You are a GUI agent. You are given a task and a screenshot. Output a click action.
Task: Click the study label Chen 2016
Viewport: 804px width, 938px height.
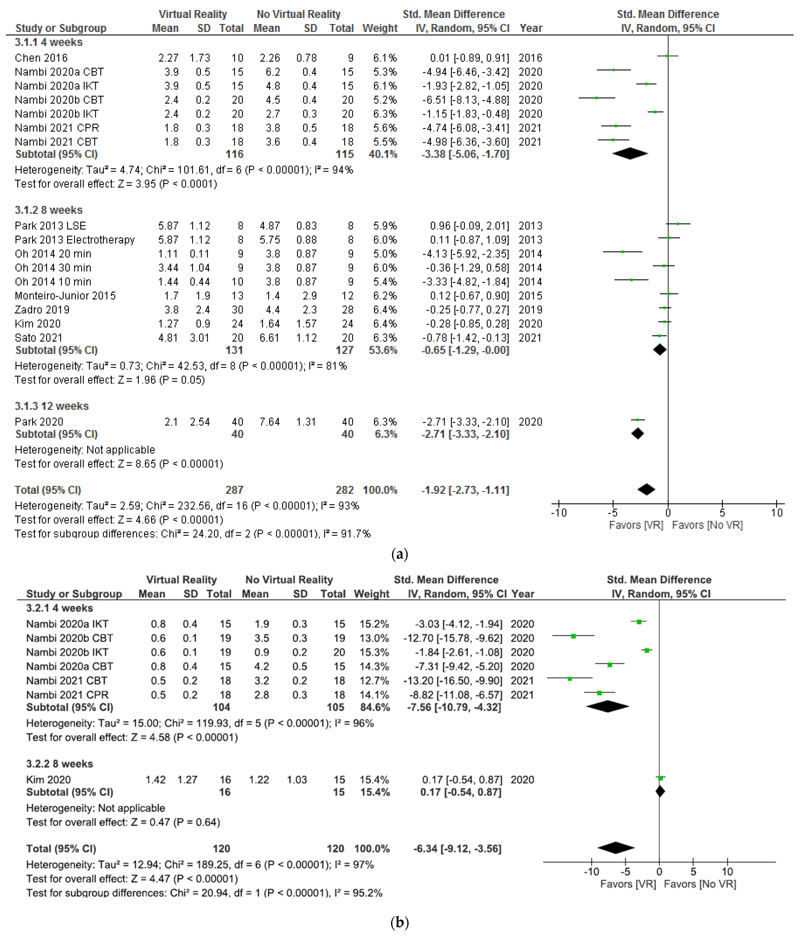(41, 58)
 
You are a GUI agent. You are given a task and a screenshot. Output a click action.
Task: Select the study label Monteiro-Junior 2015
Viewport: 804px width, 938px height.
(65, 296)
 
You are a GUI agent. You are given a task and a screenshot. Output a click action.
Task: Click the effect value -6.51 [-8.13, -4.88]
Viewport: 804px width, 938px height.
(465, 100)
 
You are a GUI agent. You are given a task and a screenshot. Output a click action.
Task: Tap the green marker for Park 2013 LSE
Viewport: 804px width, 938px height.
(678, 224)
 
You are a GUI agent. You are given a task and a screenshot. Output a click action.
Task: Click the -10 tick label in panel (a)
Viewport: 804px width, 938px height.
(559, 513)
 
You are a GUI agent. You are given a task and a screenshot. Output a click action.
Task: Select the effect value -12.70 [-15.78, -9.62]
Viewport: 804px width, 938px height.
(453, 638)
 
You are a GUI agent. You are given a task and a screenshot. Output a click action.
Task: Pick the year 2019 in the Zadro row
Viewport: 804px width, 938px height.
(530, 310)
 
